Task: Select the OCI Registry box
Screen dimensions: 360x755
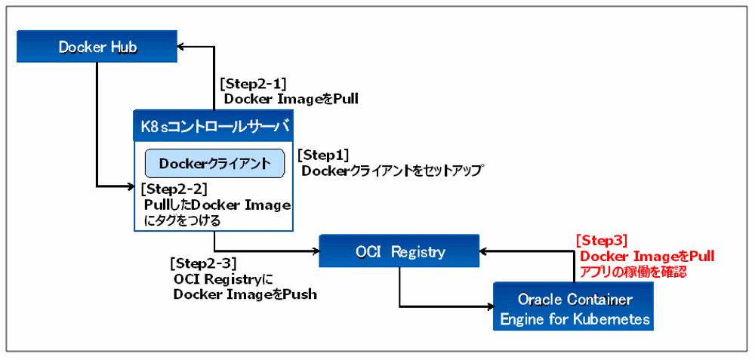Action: [398, 251]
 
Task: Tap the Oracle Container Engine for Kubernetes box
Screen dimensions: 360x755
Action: [575, 308]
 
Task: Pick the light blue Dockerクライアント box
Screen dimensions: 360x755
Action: [214, 163]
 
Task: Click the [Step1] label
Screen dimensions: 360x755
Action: [323, 155]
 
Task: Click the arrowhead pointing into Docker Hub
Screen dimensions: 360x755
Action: [183, 47]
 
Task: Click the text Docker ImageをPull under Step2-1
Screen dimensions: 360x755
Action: [291, 99]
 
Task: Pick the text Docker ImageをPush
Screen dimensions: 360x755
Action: [245, 294]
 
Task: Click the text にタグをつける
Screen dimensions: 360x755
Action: [181, 220]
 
